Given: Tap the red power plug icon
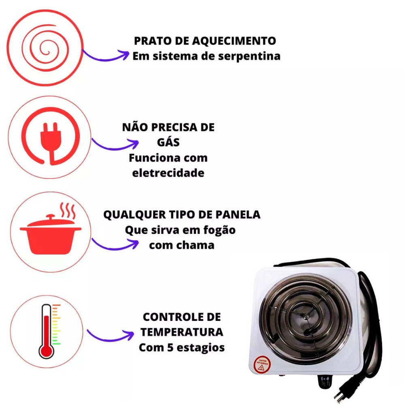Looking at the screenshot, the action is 50,136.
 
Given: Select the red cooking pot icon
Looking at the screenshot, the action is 50,234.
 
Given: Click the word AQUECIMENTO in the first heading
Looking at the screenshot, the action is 234,41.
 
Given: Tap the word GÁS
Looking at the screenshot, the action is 168,142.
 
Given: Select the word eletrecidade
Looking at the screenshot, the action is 168,173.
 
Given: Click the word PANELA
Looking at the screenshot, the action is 238,214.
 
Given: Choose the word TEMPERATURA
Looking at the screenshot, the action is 182,332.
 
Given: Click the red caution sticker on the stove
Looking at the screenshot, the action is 262,364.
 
